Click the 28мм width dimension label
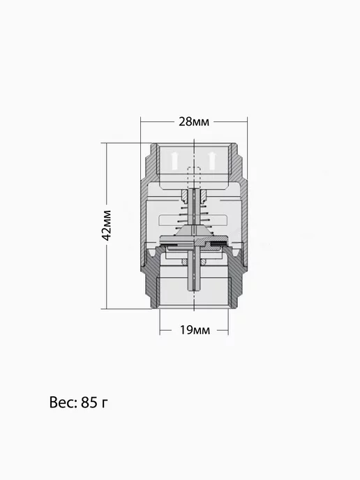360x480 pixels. coord(194,122)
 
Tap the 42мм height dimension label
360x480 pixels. coord(107,225)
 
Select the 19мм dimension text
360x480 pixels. coord(195,330)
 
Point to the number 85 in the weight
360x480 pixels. coord(89,403)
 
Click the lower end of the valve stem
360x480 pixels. coord(195,289)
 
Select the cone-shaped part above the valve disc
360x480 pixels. coord(193,231)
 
